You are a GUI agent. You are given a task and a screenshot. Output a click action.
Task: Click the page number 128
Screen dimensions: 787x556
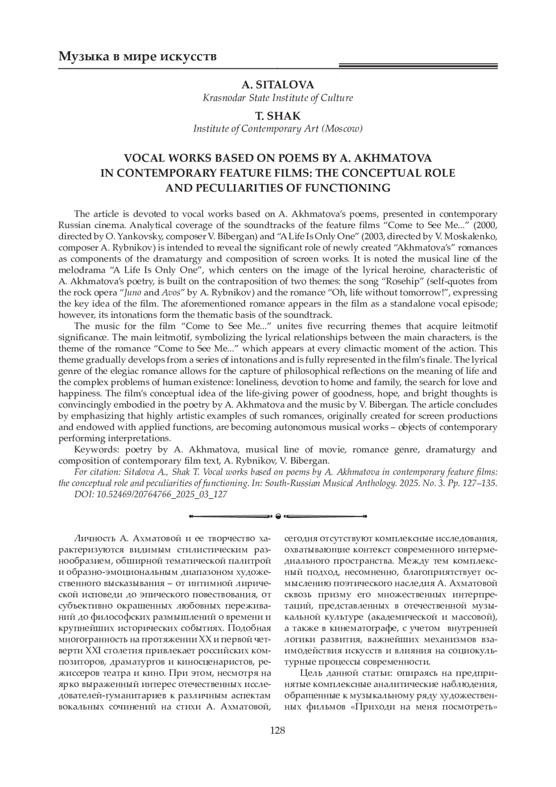coord(278,730)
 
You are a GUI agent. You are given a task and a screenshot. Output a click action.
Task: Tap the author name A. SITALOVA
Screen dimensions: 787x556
coord(278,84)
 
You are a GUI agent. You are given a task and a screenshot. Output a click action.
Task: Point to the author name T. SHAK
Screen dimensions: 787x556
coord(278,115)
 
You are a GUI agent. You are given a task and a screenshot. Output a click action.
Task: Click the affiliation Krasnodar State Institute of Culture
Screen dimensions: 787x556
coord(278,98)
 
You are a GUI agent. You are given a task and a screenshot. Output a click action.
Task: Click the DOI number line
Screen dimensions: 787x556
coord(151,494)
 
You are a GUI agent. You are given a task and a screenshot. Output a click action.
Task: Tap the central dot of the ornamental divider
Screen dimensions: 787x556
coord(278,516)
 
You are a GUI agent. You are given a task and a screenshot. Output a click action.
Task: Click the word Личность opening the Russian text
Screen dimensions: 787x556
coord(95,539)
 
